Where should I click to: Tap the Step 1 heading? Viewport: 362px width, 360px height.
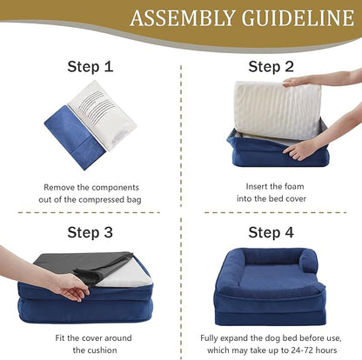(x=90, y=67)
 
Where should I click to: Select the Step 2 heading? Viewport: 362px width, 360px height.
(x=271, y=67)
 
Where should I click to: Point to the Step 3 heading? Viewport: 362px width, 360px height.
(x=90, y=232)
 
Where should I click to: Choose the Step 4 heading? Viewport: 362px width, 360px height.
(x=271, y=232)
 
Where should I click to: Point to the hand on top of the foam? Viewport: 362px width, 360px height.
(x=305, y=80)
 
